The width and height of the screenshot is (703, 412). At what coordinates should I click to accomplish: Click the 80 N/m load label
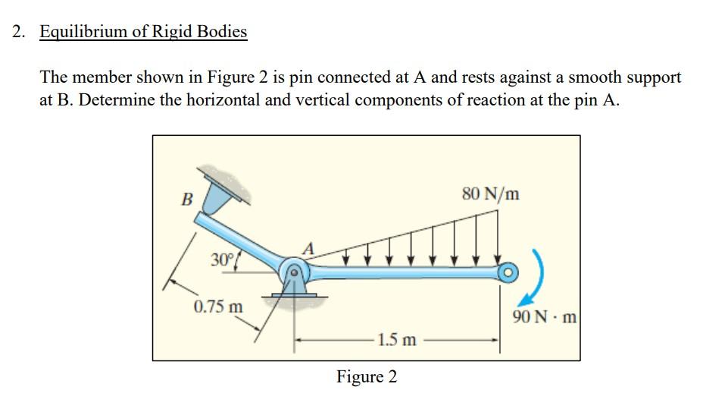pos(490,193)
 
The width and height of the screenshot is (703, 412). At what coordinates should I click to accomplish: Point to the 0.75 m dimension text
pos(218,307)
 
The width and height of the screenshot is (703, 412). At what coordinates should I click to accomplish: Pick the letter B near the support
pos(186,200)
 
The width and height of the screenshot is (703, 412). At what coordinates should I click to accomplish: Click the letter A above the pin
pos(308,248)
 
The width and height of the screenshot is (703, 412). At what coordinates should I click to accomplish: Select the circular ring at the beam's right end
pos(505,271)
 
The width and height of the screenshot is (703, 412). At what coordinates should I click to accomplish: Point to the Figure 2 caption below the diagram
pos(367,377)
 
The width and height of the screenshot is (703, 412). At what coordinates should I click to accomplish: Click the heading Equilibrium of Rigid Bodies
pos(143,32)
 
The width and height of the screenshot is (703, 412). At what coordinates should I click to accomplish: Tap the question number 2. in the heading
pos(20,32)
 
